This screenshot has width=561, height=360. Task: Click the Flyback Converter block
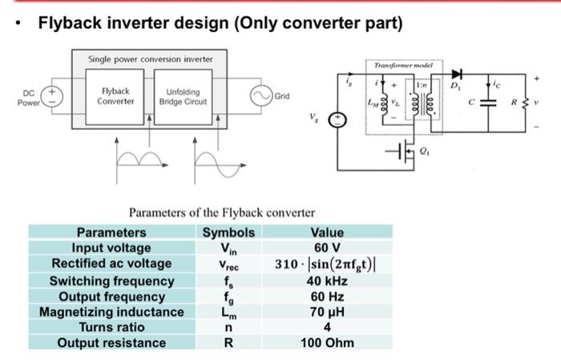115,97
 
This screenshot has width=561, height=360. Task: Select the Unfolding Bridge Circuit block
183,97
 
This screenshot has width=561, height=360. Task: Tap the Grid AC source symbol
262,95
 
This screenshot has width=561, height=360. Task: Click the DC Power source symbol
54,97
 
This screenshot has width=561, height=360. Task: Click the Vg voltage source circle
339,120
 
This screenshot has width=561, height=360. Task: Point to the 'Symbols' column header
228,233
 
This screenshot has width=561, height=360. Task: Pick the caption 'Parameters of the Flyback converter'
222,213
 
